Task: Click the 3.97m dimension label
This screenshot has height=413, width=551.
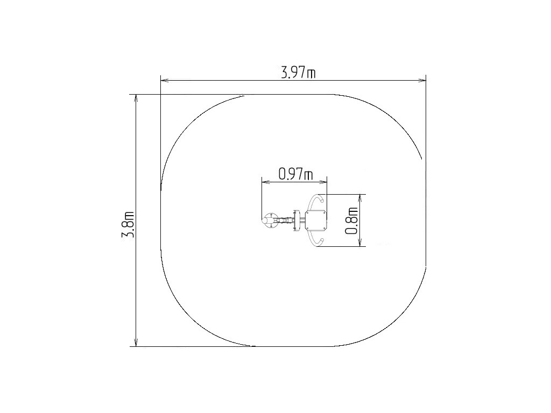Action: (298, 73)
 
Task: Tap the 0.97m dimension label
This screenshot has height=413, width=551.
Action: (295, 174)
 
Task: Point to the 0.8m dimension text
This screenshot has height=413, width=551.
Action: (352, 220)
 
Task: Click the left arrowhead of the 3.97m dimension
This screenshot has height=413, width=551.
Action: (165, 81)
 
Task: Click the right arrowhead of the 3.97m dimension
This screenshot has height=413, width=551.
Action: (422, 81)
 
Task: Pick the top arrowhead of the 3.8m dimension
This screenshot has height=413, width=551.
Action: (136, 99)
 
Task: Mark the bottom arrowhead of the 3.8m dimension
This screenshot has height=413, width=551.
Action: (136, 341)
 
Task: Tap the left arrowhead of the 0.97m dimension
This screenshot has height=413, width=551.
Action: (266, 182)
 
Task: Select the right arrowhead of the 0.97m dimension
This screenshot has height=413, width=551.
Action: (323, 182)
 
